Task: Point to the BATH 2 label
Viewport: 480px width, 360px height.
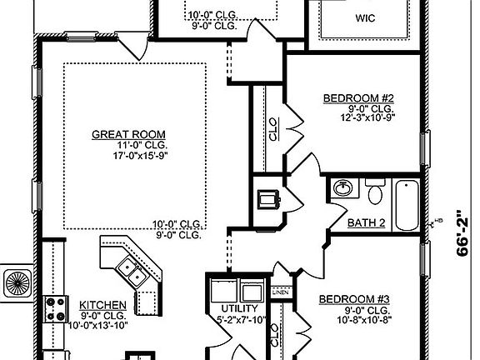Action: [365, 222]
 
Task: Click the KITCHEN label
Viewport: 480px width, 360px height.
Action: [103, 305]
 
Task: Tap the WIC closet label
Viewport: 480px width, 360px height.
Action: [365, 17]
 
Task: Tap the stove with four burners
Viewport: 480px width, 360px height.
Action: [54, 310]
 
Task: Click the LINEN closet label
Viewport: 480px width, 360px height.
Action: [280, 293]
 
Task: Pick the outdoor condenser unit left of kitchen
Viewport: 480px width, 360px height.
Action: [16, 282]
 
